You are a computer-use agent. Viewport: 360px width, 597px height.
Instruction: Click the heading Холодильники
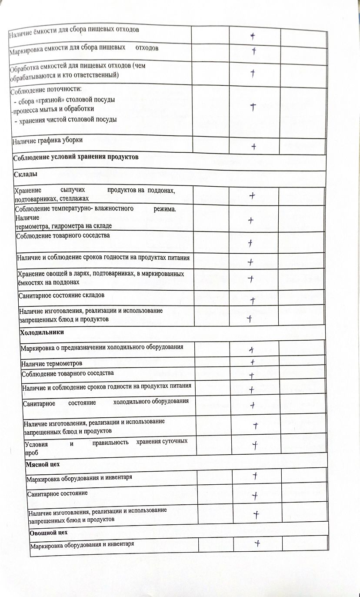42,332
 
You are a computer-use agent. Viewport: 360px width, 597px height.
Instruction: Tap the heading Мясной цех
43,464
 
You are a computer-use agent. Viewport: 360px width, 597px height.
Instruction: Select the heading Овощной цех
48,533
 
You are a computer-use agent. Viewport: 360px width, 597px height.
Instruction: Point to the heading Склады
25,174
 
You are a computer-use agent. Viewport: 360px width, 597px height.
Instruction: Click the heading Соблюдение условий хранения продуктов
76,157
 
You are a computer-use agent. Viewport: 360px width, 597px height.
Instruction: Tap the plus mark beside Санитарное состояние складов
252,300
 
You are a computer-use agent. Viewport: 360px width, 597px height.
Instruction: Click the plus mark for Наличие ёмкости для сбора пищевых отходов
252,36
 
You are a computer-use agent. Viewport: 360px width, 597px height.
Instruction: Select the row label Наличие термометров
52,363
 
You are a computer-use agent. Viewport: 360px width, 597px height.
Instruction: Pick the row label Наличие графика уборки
47,140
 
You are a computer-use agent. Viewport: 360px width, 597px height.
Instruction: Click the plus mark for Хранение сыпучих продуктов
252,196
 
